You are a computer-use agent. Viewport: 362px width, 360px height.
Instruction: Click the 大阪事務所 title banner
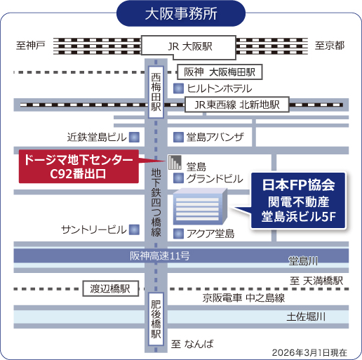pyautogui.click(x=180, y=13)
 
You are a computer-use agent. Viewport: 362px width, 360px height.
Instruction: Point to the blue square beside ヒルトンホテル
pyautogui.click(x=179, y=88)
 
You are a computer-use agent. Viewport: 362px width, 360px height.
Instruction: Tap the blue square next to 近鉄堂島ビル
pyautogui.click(x=133, y=136)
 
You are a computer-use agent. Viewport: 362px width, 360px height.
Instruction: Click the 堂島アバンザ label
pyautogui.click(x=215, y=136)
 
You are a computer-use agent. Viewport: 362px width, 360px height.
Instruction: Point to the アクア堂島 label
pyautogui.click(x=210, y=233)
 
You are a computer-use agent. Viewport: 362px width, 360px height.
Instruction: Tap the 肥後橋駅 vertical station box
pyautogui.click(x=156, y=319)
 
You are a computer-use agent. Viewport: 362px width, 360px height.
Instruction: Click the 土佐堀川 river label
pyautogui.click(x=307, y=317)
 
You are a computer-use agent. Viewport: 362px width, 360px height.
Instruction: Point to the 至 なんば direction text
pyautogui.click(x=192, y=343)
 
